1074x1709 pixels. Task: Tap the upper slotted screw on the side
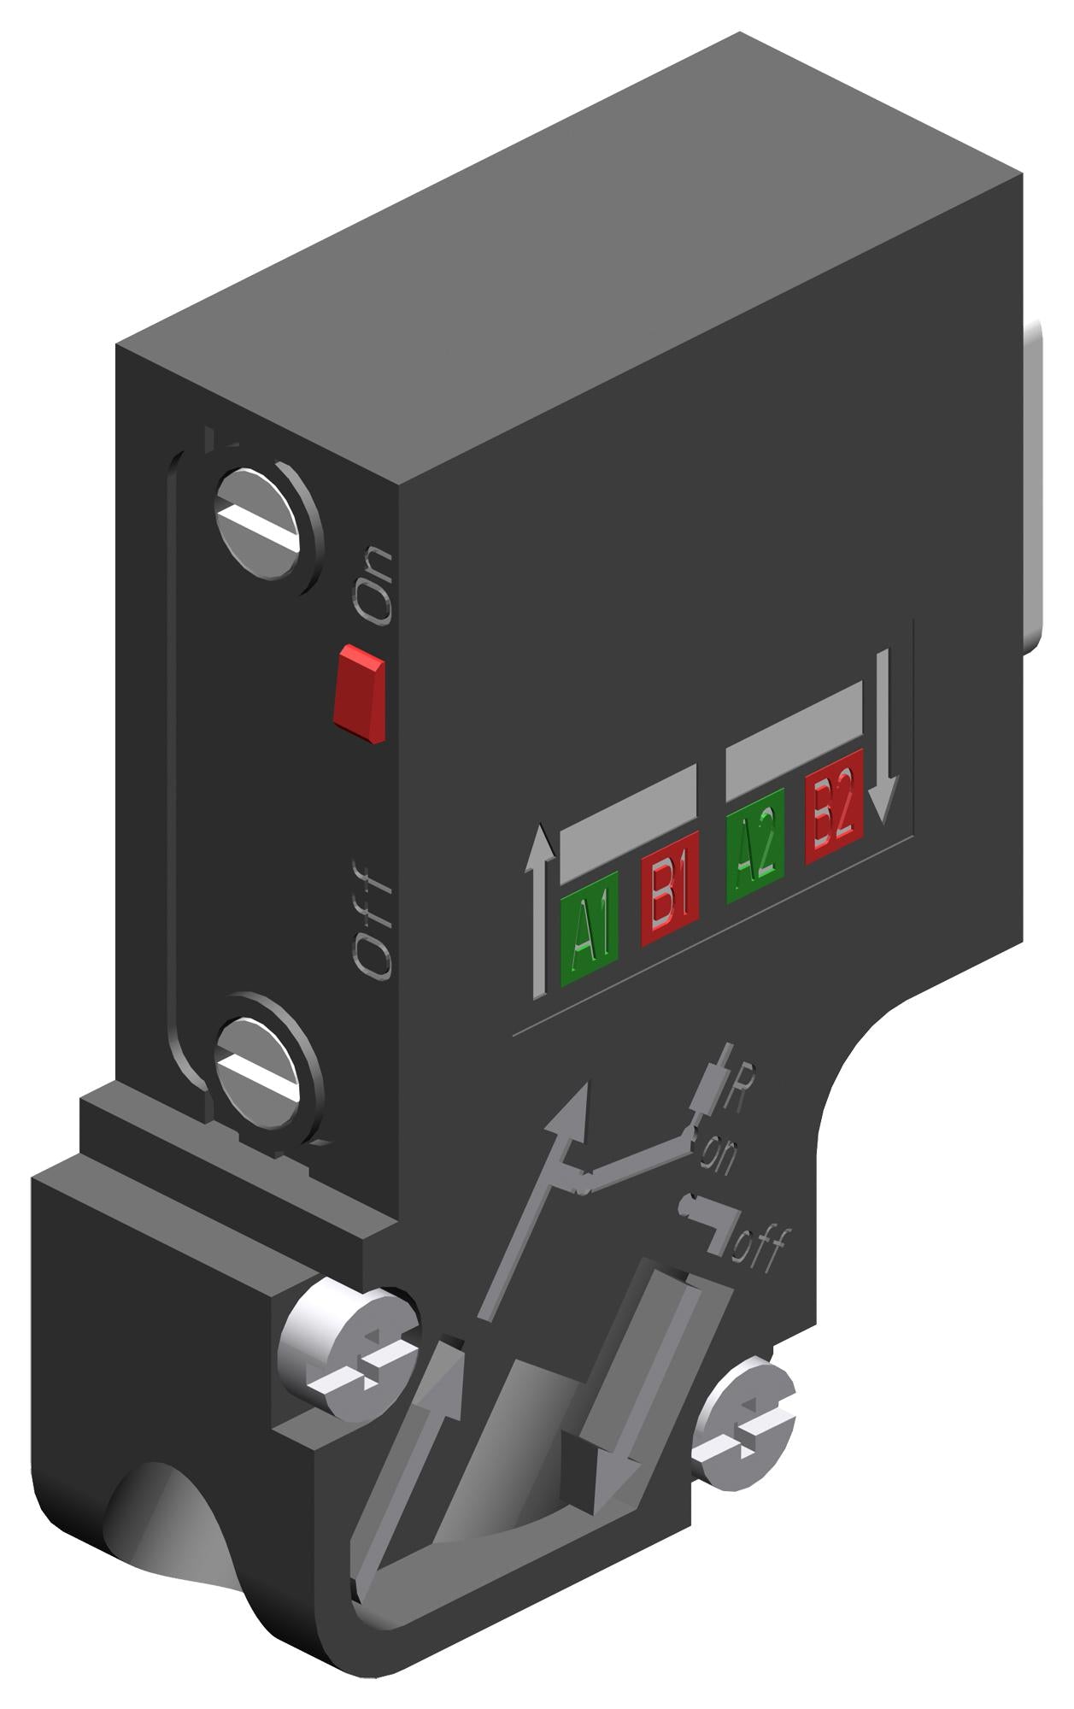(x=265, y=526)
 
